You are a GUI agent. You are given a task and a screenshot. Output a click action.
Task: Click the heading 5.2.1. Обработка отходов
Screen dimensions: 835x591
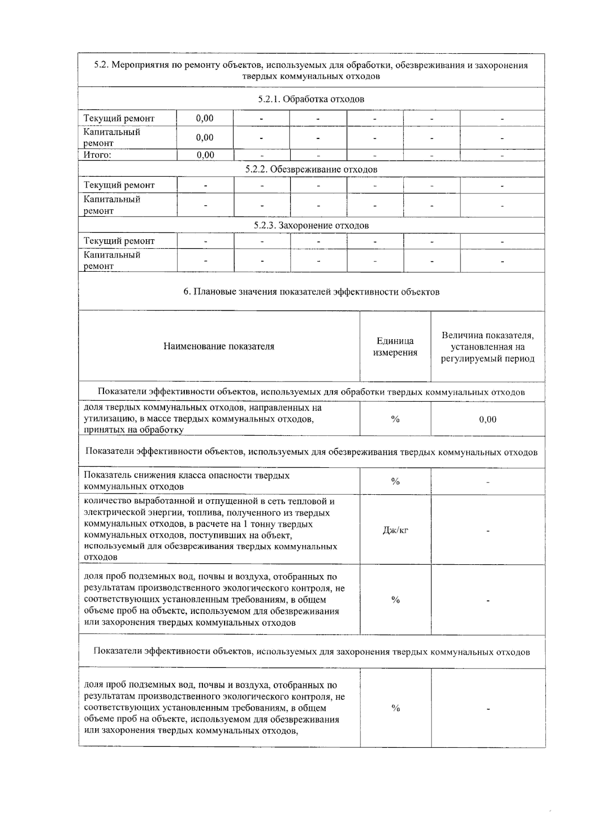tap(311, 99)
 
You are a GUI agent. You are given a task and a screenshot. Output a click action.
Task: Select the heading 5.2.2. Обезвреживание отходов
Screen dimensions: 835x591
tap(311, 169)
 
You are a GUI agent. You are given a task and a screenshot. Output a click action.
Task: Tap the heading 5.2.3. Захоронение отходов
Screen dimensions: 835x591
tap(311, 225)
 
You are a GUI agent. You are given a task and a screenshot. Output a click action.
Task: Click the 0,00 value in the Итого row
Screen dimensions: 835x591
tap(205, 155)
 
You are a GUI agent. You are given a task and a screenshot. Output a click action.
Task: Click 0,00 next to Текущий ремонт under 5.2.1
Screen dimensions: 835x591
tap(205, 118)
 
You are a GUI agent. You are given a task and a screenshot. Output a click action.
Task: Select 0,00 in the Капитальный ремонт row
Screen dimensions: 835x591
tap(205, 137)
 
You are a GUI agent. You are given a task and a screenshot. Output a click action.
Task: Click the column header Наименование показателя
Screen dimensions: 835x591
tap(219, 346)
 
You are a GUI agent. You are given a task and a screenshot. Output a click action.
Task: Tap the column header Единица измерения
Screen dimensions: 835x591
tap(395, 347)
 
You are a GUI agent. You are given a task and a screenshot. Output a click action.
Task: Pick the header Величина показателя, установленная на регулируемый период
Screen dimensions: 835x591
tap(488, 347)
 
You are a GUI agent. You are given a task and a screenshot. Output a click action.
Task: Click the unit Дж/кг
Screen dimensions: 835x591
tap(395, 530)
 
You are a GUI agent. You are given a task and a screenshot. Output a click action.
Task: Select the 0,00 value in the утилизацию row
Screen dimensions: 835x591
tap(488, 419)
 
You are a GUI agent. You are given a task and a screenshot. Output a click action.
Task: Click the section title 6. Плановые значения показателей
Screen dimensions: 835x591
tap(311, 291)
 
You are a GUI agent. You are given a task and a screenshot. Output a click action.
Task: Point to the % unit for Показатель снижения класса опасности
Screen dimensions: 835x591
tap(395, 482)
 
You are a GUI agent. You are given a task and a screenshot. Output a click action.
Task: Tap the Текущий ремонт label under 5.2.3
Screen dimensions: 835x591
tap(119, 241)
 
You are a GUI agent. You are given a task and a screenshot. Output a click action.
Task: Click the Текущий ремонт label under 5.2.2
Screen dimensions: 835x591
tap(119, 185)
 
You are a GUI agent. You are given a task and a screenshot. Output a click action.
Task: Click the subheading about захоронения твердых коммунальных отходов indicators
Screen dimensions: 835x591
tap(311, 652)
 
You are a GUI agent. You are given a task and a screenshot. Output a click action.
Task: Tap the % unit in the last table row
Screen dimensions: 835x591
tap(395, 708)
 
